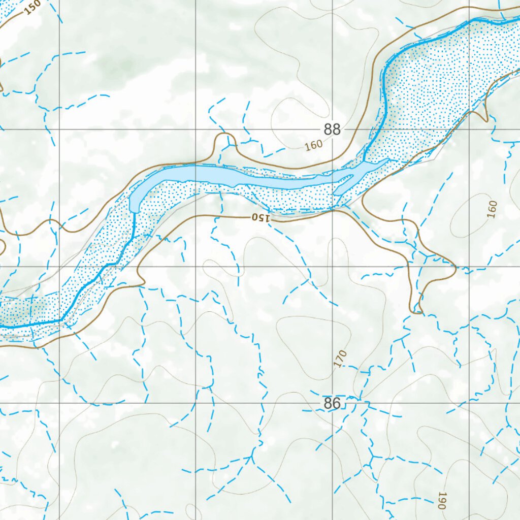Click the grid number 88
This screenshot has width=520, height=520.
(x=332, y=129)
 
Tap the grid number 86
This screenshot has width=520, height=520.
(x=332, y=404)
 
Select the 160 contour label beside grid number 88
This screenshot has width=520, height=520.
(x=314, y=145)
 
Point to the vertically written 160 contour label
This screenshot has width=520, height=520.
(x=492, y=209)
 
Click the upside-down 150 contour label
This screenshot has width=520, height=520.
(x=261, y=218)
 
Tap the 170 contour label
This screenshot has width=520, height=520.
(x=340, y=359)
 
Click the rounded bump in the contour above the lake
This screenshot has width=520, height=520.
(x=224, y=140)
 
